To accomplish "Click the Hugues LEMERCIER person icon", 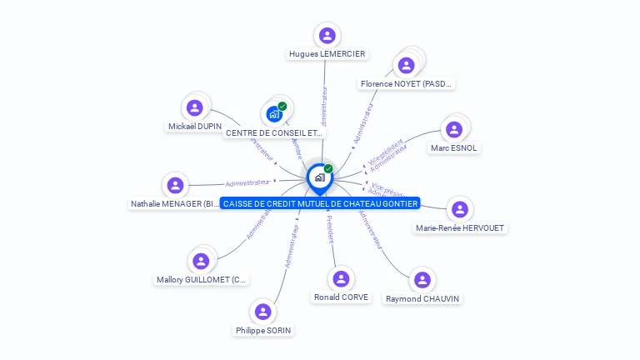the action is coord(327,35).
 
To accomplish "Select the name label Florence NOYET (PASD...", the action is coord(407,83).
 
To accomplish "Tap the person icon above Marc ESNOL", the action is coord(454,129).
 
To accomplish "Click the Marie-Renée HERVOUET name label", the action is coord(460,227).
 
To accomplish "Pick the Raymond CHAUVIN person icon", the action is coord(422,279).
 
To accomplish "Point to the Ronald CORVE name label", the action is coord(341,297).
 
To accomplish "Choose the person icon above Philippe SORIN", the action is coord(263,312).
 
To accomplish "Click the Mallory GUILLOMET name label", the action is coord(202,280).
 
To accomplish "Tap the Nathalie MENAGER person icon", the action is coord(175,185).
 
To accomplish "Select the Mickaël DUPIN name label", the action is coord(195,127).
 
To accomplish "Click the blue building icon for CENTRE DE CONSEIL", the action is coord(274,114).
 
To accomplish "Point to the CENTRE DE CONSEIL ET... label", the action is coord(273,132).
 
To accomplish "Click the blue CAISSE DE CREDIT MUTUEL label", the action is coord(321,203).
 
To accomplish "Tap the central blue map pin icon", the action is coord(319,177).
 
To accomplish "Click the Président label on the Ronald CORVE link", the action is coord(330,229).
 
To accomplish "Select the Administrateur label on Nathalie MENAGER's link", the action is coord(248,182).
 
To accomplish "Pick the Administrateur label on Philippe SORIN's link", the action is coord(291,245).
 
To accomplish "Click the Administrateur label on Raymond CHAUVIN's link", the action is coord(372,230).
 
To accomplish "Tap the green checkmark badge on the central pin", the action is coord(328,169).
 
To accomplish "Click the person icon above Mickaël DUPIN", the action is coord(195,107).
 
